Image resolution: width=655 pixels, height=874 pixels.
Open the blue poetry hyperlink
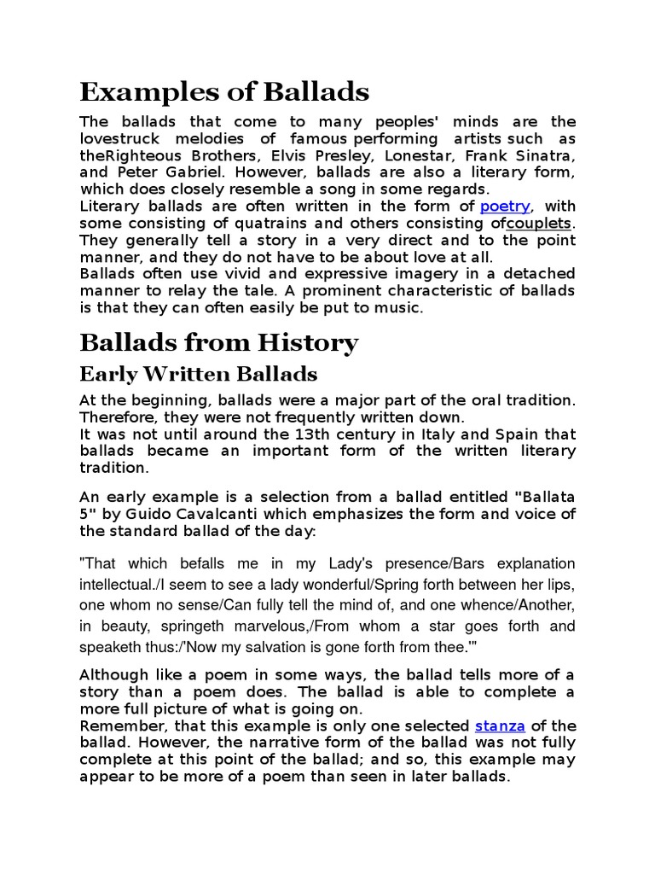tap(505, 206)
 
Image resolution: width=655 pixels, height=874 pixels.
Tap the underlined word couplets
tap(538, 224)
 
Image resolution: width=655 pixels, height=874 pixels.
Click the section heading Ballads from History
tap(219, 343)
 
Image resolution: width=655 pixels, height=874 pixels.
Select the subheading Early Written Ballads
tap(198, 374)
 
